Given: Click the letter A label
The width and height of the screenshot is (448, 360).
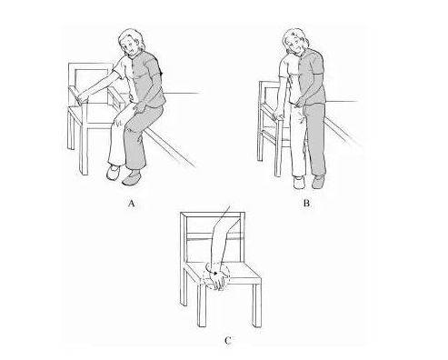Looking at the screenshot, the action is pos(131,203).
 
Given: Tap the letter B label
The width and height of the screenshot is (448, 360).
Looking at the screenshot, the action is pos(306,203).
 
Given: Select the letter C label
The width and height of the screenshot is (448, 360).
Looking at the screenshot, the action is pos(228,341).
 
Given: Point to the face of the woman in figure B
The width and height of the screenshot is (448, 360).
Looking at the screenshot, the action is pos(295,45).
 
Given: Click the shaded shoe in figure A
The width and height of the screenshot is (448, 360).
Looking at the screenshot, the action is pos(132,178).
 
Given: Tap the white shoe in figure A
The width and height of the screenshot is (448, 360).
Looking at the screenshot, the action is pos(113,172).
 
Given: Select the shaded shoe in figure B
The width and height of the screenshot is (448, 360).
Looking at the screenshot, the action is pos(318,181).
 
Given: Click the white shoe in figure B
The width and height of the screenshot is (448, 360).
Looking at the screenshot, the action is pos(299,182).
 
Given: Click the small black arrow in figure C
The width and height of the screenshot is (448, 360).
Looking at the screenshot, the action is pos(215,273).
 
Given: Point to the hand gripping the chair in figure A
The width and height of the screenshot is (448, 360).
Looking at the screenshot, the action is pos(82,97).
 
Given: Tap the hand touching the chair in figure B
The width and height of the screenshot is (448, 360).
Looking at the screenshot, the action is pos(277,115).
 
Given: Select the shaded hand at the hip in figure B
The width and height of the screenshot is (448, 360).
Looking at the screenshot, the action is pos(300,101).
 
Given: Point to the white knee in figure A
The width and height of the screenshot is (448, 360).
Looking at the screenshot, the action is pos(119,120).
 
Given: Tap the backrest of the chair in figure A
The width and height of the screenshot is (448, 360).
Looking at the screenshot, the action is pos(91,83).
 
